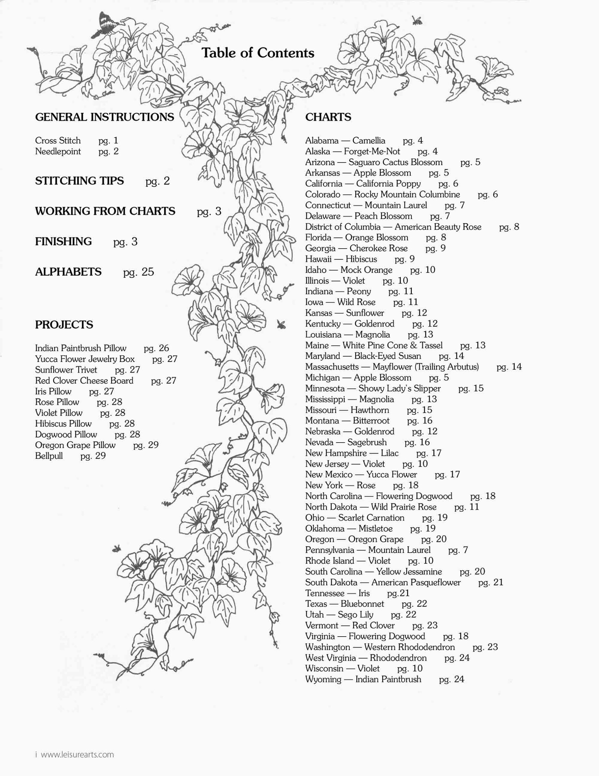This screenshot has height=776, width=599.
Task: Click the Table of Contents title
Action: click(258, 53)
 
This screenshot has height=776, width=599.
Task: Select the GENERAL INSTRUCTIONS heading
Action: click(104, 117)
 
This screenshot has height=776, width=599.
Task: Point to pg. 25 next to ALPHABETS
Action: click(138, 272)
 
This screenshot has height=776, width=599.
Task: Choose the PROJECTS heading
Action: click(64, 324)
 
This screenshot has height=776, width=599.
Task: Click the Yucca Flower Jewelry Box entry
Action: click(84, 359)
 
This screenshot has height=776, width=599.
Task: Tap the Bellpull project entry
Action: click(49, 456)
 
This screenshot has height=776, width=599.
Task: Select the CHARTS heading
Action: click(328, 117)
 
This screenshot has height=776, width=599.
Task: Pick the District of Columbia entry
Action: click(393, 227)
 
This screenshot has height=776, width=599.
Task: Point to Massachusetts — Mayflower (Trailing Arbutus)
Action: click(392, 367)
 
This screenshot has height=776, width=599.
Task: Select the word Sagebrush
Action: click(367, 442)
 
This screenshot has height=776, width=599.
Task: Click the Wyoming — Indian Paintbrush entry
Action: click(363, 679)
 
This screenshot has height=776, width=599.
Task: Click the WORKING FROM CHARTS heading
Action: click(105, 211)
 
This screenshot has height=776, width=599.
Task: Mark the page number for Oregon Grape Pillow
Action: click(146, 445)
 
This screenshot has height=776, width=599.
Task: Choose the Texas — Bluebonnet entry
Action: click(344, 604)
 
